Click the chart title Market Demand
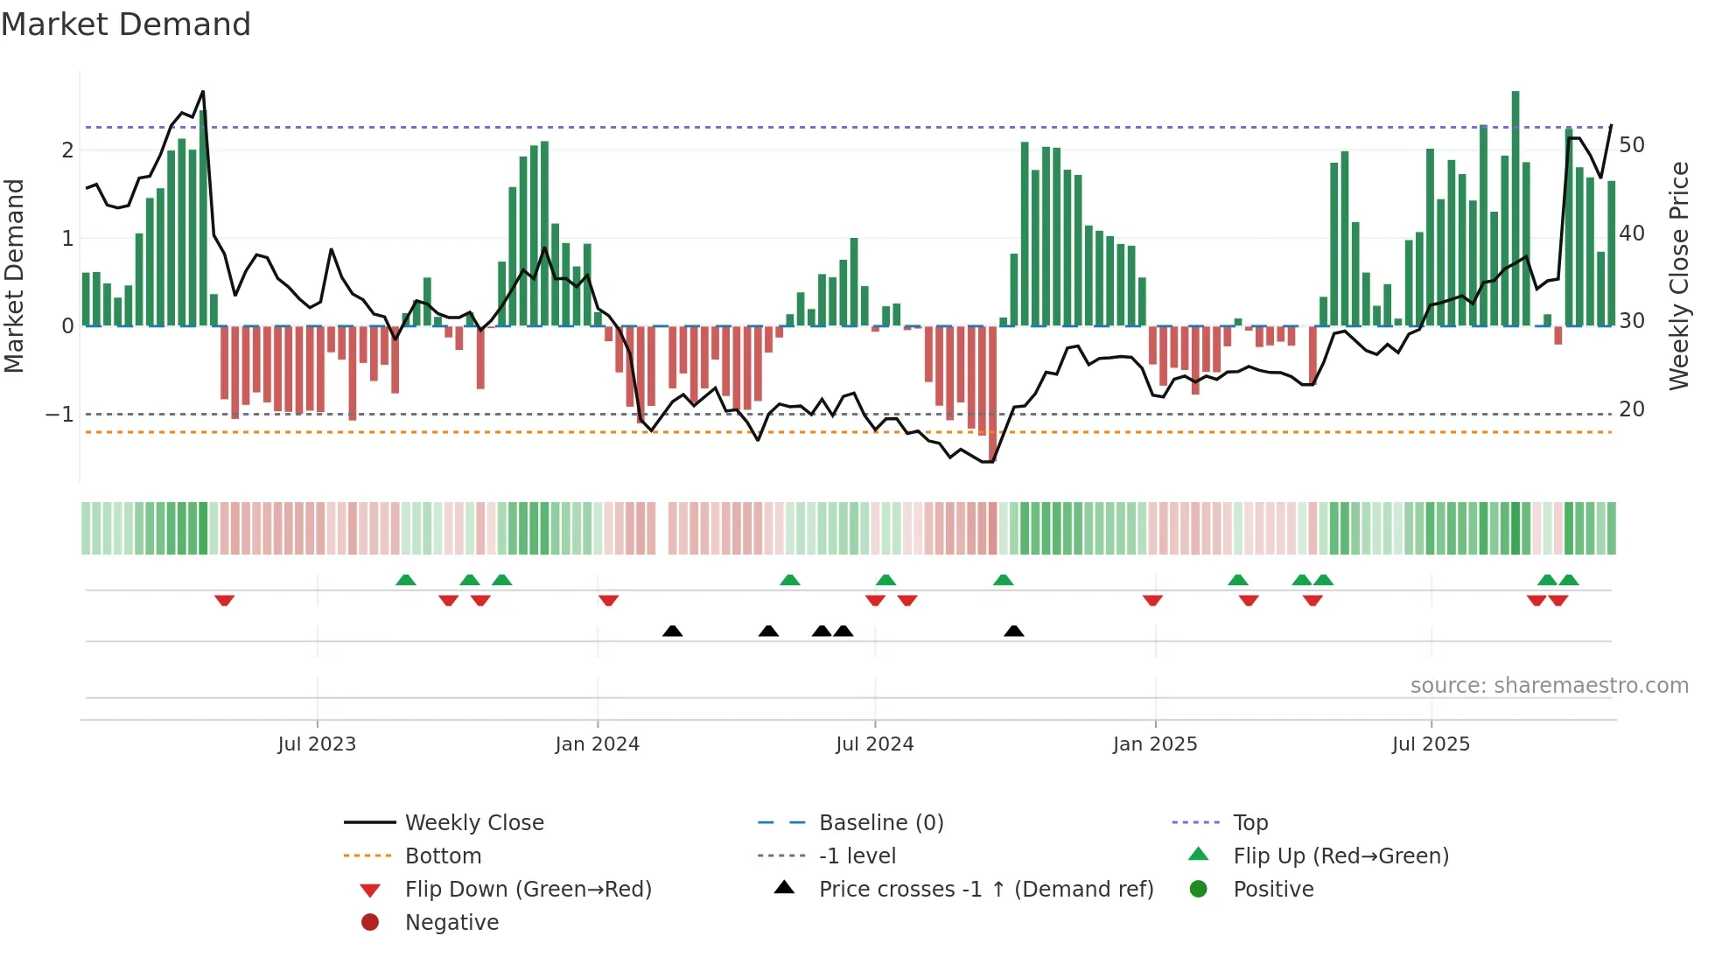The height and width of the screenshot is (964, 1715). (x=126, y=24)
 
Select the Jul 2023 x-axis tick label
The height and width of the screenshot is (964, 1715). (x=317, y=744)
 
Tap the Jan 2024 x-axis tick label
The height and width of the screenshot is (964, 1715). (x=597, y=744)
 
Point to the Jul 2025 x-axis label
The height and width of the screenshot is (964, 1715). (x=1431, y=744)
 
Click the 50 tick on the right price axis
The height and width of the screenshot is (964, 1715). (x=1631, y=145)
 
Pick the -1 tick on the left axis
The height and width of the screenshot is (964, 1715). (x=59, y=415)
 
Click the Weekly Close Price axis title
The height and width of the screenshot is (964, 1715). (x=1678, y=276)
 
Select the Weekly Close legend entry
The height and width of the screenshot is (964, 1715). (x=473, y=823)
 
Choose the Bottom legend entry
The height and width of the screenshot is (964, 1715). (x=443, y=856)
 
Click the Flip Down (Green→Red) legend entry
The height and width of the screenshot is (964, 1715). (x=528, y=890)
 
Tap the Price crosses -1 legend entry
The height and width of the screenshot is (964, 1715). (x=985, y=890)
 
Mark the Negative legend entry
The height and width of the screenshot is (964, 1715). (x=451, y=923)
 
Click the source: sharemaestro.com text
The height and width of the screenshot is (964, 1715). (x=1549, y=686)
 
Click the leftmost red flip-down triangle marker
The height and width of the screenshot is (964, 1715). (x=225, y=600)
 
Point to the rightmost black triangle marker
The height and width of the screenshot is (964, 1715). (x=1013, y=631)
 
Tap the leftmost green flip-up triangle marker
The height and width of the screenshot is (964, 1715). (x=405, y=580)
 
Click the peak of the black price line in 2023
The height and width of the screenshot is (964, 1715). (x=203, y=92)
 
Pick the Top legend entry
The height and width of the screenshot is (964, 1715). (x=1249, y=823)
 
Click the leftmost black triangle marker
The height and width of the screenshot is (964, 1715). (x=672, y=631)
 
